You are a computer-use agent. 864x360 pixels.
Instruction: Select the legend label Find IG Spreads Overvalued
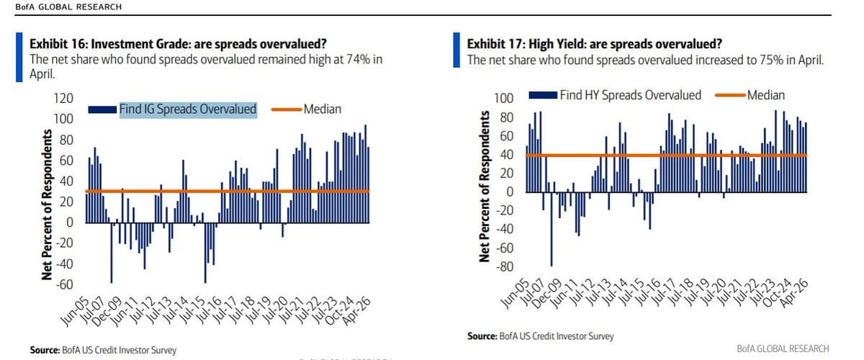point(187,109)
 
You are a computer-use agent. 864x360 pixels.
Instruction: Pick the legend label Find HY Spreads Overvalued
point(631,94)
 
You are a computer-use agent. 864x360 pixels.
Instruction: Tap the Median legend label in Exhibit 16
point(322,109)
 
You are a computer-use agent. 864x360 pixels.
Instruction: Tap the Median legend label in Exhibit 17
point(766,94)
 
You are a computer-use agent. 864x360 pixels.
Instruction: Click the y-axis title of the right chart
point(485,186)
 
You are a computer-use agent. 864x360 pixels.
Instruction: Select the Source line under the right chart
point(541,336)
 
